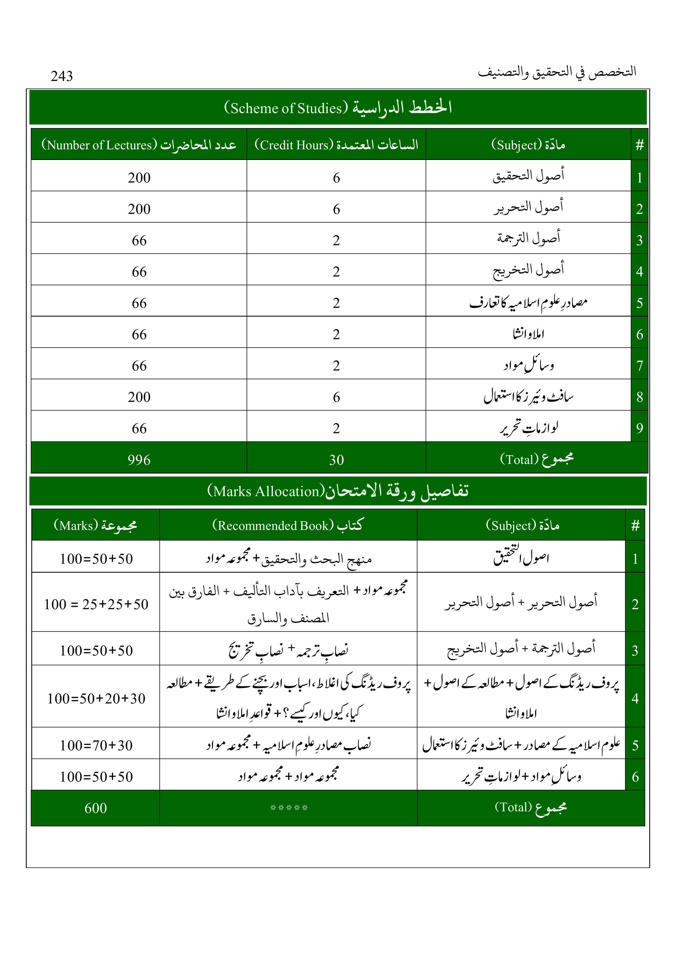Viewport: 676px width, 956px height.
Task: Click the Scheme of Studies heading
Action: point(338,107)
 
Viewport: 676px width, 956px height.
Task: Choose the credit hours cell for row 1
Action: point(336,178)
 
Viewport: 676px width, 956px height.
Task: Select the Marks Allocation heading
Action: point(338,491)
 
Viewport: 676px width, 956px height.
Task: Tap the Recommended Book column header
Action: point(288,525)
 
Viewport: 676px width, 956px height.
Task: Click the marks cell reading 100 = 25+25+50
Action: point(96,604)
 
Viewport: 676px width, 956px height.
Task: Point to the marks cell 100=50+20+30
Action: point(96,698)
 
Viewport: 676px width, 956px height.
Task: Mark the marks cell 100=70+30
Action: point(96,745)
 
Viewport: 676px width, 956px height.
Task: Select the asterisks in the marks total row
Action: point(289,808)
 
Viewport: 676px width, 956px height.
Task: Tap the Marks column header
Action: point(95,525)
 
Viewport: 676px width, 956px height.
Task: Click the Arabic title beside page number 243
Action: point(557,72)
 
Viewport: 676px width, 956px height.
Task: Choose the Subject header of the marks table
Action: point(522,525)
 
